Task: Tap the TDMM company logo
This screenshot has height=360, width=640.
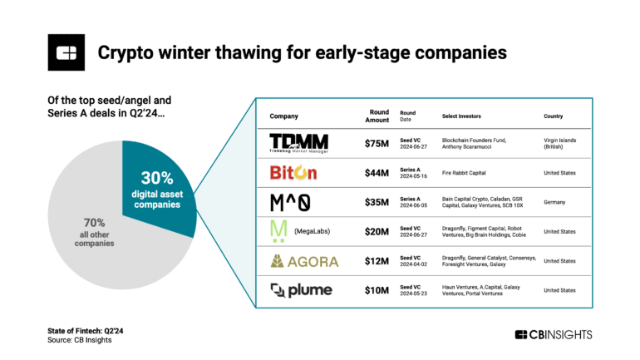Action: tap(299, 143)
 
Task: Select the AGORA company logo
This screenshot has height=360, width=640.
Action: tap(304, 261)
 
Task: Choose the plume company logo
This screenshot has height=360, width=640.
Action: tap(301, 290)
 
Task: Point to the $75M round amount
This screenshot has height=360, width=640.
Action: tap(377, 143)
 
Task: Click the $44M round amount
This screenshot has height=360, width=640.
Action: tap(377, 173)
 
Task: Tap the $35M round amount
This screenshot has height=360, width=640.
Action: tap(377, 202)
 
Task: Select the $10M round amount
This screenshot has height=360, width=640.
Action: tap(377, 290)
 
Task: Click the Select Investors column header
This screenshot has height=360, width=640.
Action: tap(465, 116)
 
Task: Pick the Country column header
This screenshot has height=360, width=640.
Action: tap(555, 116)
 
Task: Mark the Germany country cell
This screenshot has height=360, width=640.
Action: tap(556, 202)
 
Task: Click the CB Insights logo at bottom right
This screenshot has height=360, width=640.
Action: tap(554, 334)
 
